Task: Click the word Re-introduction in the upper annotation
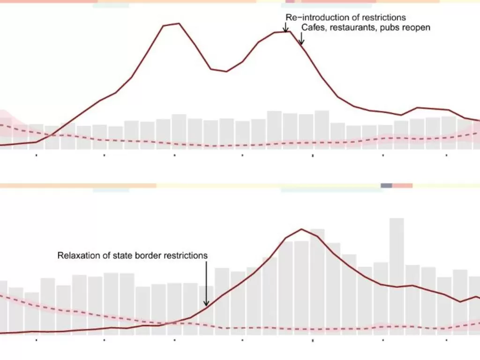coord(314,18)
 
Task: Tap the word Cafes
coord(311,28)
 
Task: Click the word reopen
coord(415,28)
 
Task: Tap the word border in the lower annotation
coord(147,256)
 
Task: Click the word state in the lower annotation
coord(122,256)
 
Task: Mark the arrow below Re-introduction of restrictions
coord(285,28)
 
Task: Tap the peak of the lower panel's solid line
coord(301,229)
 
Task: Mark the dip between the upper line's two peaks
coord(226,71)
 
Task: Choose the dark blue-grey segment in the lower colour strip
coord(386,186)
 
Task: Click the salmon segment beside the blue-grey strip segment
coord(402,186)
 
